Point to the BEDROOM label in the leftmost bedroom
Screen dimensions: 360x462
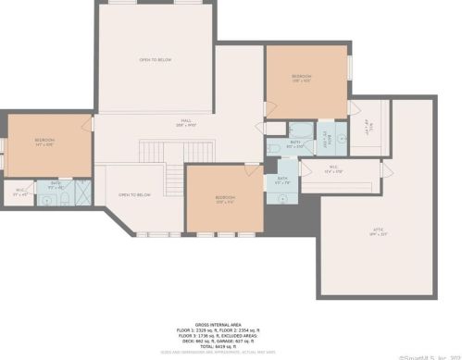pyautogui.click(x=45, y=141)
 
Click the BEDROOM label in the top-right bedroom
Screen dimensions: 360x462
pyautogui.click(x=302, y=77)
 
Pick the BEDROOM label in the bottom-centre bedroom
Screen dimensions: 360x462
pyautogui.click(x=226, y=198)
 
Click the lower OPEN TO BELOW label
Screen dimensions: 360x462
pyautogui.click(x=134, y=195)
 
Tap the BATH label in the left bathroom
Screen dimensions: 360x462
pyautogui.click(x=56, y=184)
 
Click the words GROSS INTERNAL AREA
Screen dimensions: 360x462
pyautogui.click(x=222, y=318)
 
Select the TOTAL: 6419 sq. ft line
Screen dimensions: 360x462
pyautogui.click(x=222, y=346)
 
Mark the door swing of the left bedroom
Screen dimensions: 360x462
pyautogui.click(x=88, y=124)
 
